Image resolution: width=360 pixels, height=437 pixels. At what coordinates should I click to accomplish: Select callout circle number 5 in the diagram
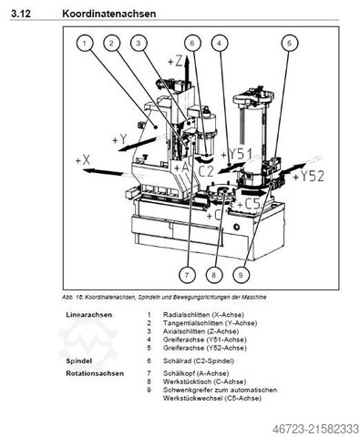288,42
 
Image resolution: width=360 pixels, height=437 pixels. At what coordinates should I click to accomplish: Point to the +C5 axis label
248,204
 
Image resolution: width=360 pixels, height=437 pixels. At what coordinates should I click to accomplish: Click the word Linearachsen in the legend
89,313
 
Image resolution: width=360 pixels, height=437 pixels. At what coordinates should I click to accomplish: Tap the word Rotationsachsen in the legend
93,372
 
